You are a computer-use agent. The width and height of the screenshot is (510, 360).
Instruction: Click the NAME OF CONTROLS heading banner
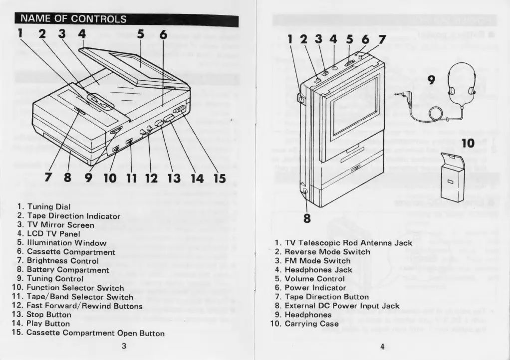(73, 19)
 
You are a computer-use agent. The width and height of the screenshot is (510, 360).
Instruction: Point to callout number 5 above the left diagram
(141, 35)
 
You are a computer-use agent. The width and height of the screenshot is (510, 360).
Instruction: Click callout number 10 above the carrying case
(467, 144)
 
